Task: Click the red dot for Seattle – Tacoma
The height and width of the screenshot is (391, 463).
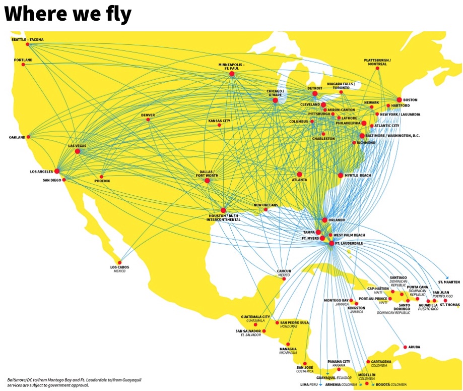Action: click(27, 44)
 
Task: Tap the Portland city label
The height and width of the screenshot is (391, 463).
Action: click(23, 60)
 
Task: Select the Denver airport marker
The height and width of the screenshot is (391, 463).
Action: click(148, 120)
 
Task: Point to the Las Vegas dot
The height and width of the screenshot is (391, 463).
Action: click(78, 151)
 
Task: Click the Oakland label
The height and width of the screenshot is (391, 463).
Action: click(17, 137)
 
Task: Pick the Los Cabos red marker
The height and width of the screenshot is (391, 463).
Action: click(119, 262)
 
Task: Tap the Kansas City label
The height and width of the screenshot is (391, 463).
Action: click(219, 121)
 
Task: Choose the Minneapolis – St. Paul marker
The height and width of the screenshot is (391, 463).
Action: click(232, 74)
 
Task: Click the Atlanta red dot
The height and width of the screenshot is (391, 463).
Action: click(299, 174)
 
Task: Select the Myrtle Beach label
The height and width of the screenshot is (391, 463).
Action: click(358, 175)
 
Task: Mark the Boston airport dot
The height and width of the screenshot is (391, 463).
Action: click(399, 100)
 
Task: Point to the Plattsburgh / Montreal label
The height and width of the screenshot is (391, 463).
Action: click(376, 62)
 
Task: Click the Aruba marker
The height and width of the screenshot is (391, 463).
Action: click(405, 347)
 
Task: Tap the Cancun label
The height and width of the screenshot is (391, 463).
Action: click(284, 271)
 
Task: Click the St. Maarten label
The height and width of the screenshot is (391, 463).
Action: click(448, 282)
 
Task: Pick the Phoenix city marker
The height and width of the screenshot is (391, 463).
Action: click(102, 177)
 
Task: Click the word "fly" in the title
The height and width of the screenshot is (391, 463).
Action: click(115, 14)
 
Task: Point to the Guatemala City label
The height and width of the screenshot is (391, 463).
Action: click(255, 317)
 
